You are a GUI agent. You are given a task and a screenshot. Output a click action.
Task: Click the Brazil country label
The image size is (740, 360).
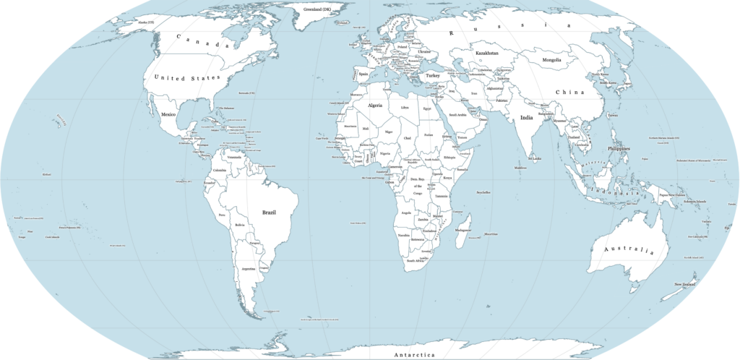(x=270, y=213)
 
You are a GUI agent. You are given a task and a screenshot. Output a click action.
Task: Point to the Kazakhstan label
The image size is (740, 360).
(x=487, y=53)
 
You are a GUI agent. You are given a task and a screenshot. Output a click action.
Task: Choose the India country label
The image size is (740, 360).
(x=528, y=118)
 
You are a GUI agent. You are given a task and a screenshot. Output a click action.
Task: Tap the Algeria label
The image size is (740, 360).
(x=375, y=105)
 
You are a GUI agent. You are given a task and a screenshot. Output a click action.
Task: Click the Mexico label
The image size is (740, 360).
(x=169, y=115)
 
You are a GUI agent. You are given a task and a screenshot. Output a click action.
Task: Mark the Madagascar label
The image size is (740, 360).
(x=463, y=230)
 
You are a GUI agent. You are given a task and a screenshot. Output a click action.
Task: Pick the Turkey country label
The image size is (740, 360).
(x=433, y=75)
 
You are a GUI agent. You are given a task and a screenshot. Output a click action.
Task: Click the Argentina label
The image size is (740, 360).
(x=249, y=268)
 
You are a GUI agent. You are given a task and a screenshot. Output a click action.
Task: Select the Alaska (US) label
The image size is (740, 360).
(x=146, y=22)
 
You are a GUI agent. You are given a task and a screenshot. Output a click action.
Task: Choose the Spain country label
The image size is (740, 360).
(x=363, y=73)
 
